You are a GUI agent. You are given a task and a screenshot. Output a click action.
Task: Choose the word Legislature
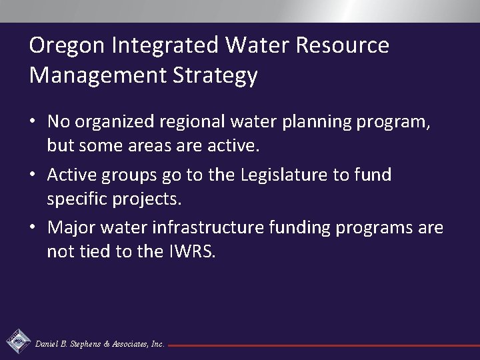pos(274,175)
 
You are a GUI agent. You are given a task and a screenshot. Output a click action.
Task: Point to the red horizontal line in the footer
pos(320,345)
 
